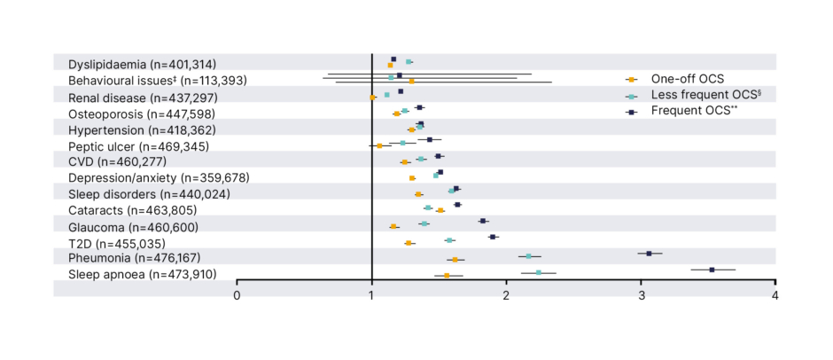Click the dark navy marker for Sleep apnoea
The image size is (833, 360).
(x=712, y=269)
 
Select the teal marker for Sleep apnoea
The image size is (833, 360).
(x=539, y=272)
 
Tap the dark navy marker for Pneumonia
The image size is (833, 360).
(x=649, y=253)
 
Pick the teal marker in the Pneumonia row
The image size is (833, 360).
(x=529, y=256)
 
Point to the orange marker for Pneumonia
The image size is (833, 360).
(x=455, y=260)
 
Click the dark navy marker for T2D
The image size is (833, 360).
(x=493, y=237)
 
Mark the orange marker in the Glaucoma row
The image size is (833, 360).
(x=393, y=227)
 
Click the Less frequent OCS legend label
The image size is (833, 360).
(x=695, y=95)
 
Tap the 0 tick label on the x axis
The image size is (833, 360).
(x=237, y=295)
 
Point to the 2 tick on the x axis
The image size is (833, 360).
(x=506, y=295)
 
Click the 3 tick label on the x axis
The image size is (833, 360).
(x=641, y=295)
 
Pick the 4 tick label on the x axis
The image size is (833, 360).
(x=775, y=295)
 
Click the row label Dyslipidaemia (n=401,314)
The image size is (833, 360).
(x=142, y=64)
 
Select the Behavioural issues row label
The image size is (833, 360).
(x=144, y=80)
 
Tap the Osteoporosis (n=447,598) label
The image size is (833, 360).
(x=141, y=113)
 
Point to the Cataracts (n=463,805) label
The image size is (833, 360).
(x=132, y=210)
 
